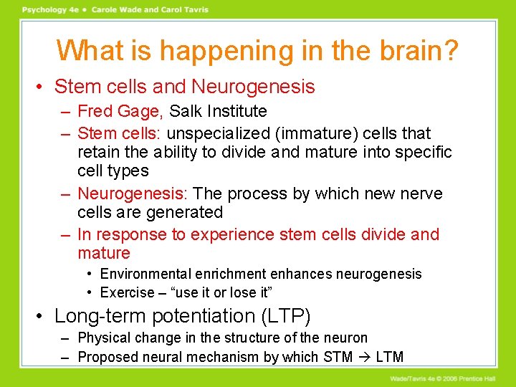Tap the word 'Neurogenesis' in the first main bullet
coord(253,87)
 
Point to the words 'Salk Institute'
coord(218,111)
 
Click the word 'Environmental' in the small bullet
coord(145,274)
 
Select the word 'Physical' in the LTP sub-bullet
coord(105,338)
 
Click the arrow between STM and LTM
coord(365,357)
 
